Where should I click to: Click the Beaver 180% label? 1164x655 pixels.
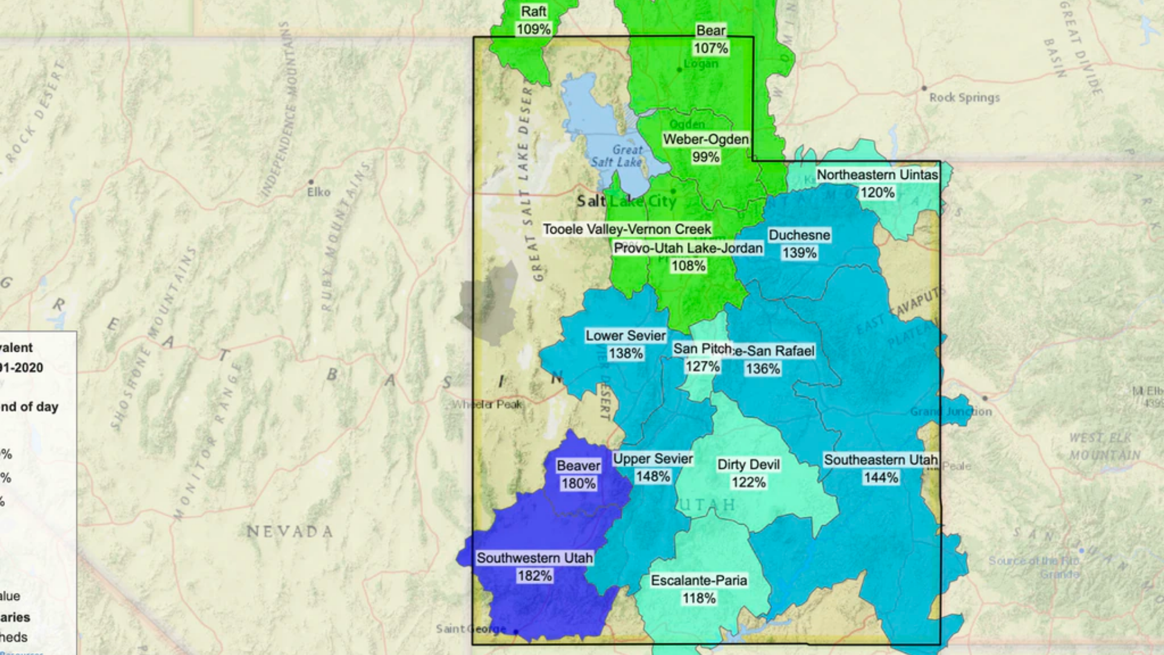click(x=578, y=474)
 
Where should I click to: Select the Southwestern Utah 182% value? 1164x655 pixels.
click(x=534, y=576)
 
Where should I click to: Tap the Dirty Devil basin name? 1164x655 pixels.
click(x=748, y=465)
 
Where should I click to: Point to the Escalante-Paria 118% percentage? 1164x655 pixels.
click(x=699, y=598)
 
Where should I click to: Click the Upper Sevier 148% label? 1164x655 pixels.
click(x=653, y=468)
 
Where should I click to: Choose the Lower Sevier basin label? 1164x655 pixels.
click(x=626, y=335)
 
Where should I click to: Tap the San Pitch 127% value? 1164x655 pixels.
click(x=703, y=366)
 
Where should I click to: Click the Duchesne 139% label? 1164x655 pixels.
click(x=799, y=244)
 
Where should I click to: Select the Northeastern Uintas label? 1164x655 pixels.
click(x=877, y=175)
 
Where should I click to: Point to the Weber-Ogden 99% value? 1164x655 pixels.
click(x=706, y=157)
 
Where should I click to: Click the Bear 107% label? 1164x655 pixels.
click(x=711, y=39)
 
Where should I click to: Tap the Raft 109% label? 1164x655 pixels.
click(x=533, y=20)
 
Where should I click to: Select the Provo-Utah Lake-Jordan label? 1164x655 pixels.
click(x=688, y=248)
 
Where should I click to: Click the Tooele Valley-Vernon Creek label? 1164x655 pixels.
click(x=627, y=229)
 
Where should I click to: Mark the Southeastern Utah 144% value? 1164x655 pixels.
click(x=881, y=478)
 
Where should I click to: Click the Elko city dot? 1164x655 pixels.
click(x=311, y=181)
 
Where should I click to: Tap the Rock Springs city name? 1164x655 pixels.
click(x=964, y=97)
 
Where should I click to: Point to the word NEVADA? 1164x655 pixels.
click(x=290, y=532)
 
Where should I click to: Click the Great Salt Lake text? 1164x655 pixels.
click(x=617, y=156)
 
